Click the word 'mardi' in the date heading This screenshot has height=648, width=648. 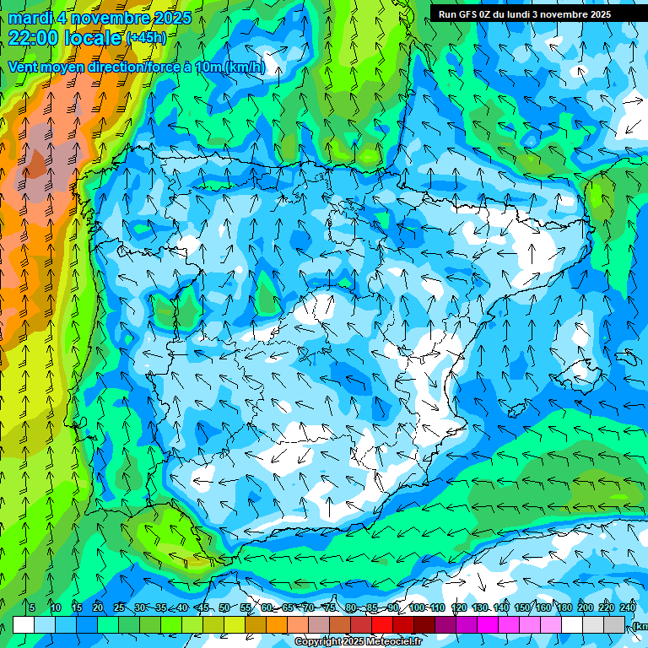34,18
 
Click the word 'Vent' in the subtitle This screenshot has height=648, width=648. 24,67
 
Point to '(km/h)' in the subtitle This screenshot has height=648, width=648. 245,67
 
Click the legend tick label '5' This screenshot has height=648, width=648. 32,608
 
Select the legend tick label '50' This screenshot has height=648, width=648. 224,608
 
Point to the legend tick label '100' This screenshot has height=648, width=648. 416,608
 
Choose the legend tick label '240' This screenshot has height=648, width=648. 627,608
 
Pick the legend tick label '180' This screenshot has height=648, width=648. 564,608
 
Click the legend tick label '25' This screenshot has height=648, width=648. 118,608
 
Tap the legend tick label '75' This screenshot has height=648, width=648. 329,608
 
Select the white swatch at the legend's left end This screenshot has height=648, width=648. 24,624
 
